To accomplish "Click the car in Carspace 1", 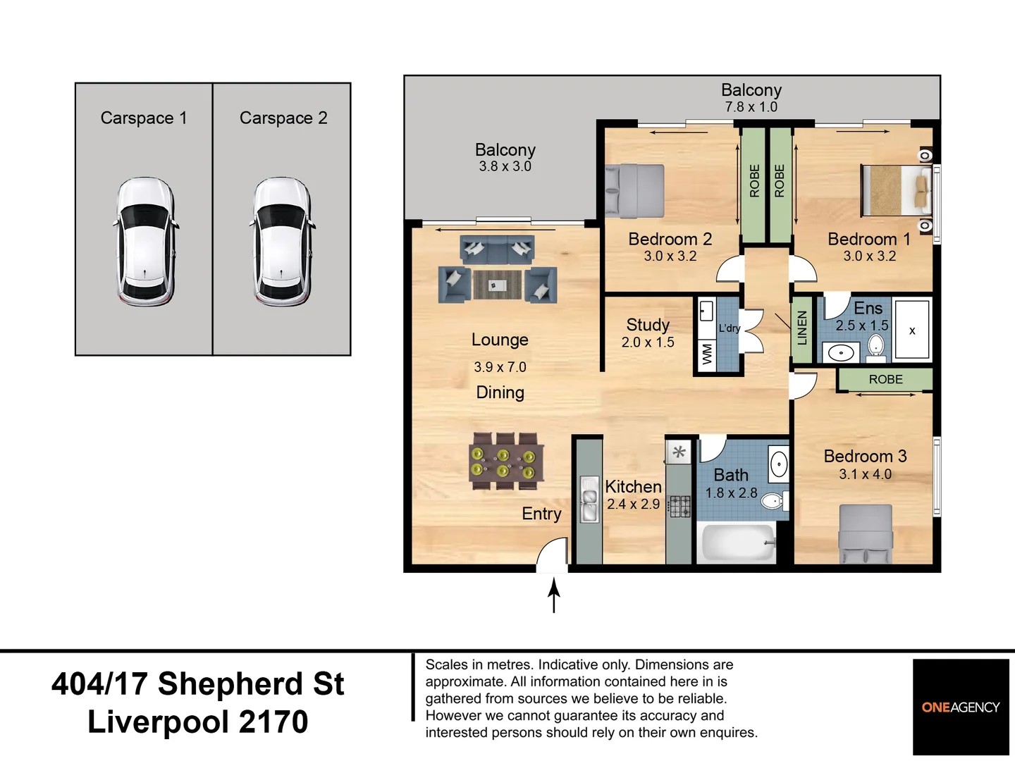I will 144,242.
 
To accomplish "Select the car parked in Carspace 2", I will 282,242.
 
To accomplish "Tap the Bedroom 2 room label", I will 670,240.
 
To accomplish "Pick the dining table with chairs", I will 506,462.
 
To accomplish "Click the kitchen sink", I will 589,499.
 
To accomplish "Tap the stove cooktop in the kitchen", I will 679,506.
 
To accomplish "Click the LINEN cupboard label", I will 801,328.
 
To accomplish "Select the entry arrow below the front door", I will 554,595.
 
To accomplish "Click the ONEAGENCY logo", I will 961,707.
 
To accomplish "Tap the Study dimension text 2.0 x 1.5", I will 648,342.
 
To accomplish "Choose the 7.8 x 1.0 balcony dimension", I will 751,107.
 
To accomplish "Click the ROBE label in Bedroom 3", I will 885,380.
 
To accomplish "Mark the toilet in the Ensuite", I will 875,345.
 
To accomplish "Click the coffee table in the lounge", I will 497,285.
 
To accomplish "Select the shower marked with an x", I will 912,330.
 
